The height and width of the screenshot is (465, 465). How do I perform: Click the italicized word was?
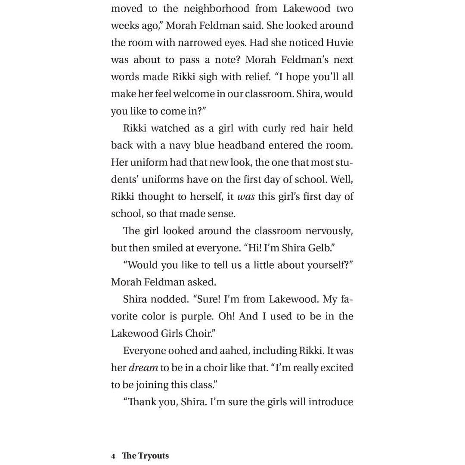pyautogui.click(x=246, y=197)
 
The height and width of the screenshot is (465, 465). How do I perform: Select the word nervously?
pyautogui.click(x=329, y=231)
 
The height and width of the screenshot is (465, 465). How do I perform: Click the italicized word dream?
pyautogui.click(x=143, y=368)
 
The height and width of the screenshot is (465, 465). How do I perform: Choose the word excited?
pyautogui.click(x=335, y=368)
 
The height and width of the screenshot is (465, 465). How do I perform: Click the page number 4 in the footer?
pyautogui.click(x=113, y=456)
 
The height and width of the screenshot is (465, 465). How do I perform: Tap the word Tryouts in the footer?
pyautogui.click(x=153, y=456)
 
